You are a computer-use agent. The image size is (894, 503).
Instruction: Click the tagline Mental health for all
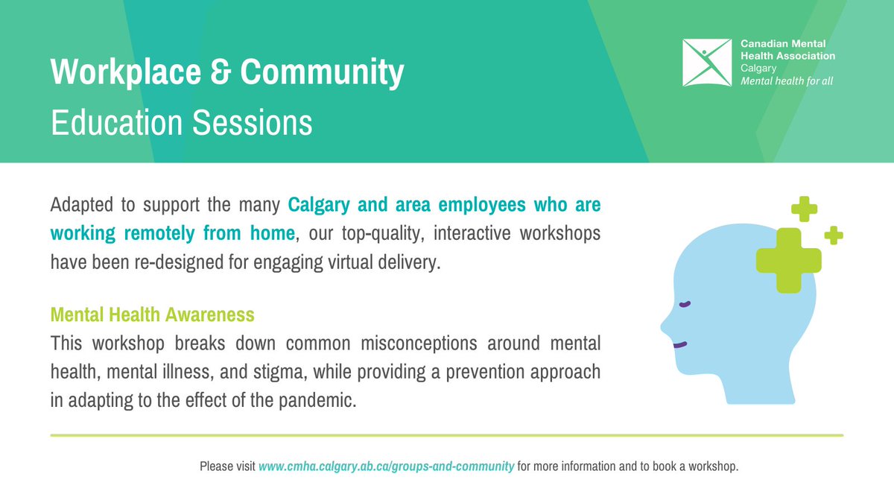coord(787,80)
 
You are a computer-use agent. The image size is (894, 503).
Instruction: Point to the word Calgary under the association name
coord(758,68)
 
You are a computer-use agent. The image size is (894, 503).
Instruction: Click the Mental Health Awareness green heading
coord(152,314)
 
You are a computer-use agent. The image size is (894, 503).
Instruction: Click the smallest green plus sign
coord(834,235)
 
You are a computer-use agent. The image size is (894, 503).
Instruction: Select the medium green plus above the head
coord(804,209)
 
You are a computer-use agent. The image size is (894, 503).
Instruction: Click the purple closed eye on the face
coord(685,303)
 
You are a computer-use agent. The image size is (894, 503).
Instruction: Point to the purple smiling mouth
coord(679,344)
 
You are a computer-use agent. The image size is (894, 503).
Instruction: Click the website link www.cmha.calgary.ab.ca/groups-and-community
coord(386,466)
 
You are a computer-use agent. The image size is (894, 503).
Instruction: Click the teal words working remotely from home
coord(172,233)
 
